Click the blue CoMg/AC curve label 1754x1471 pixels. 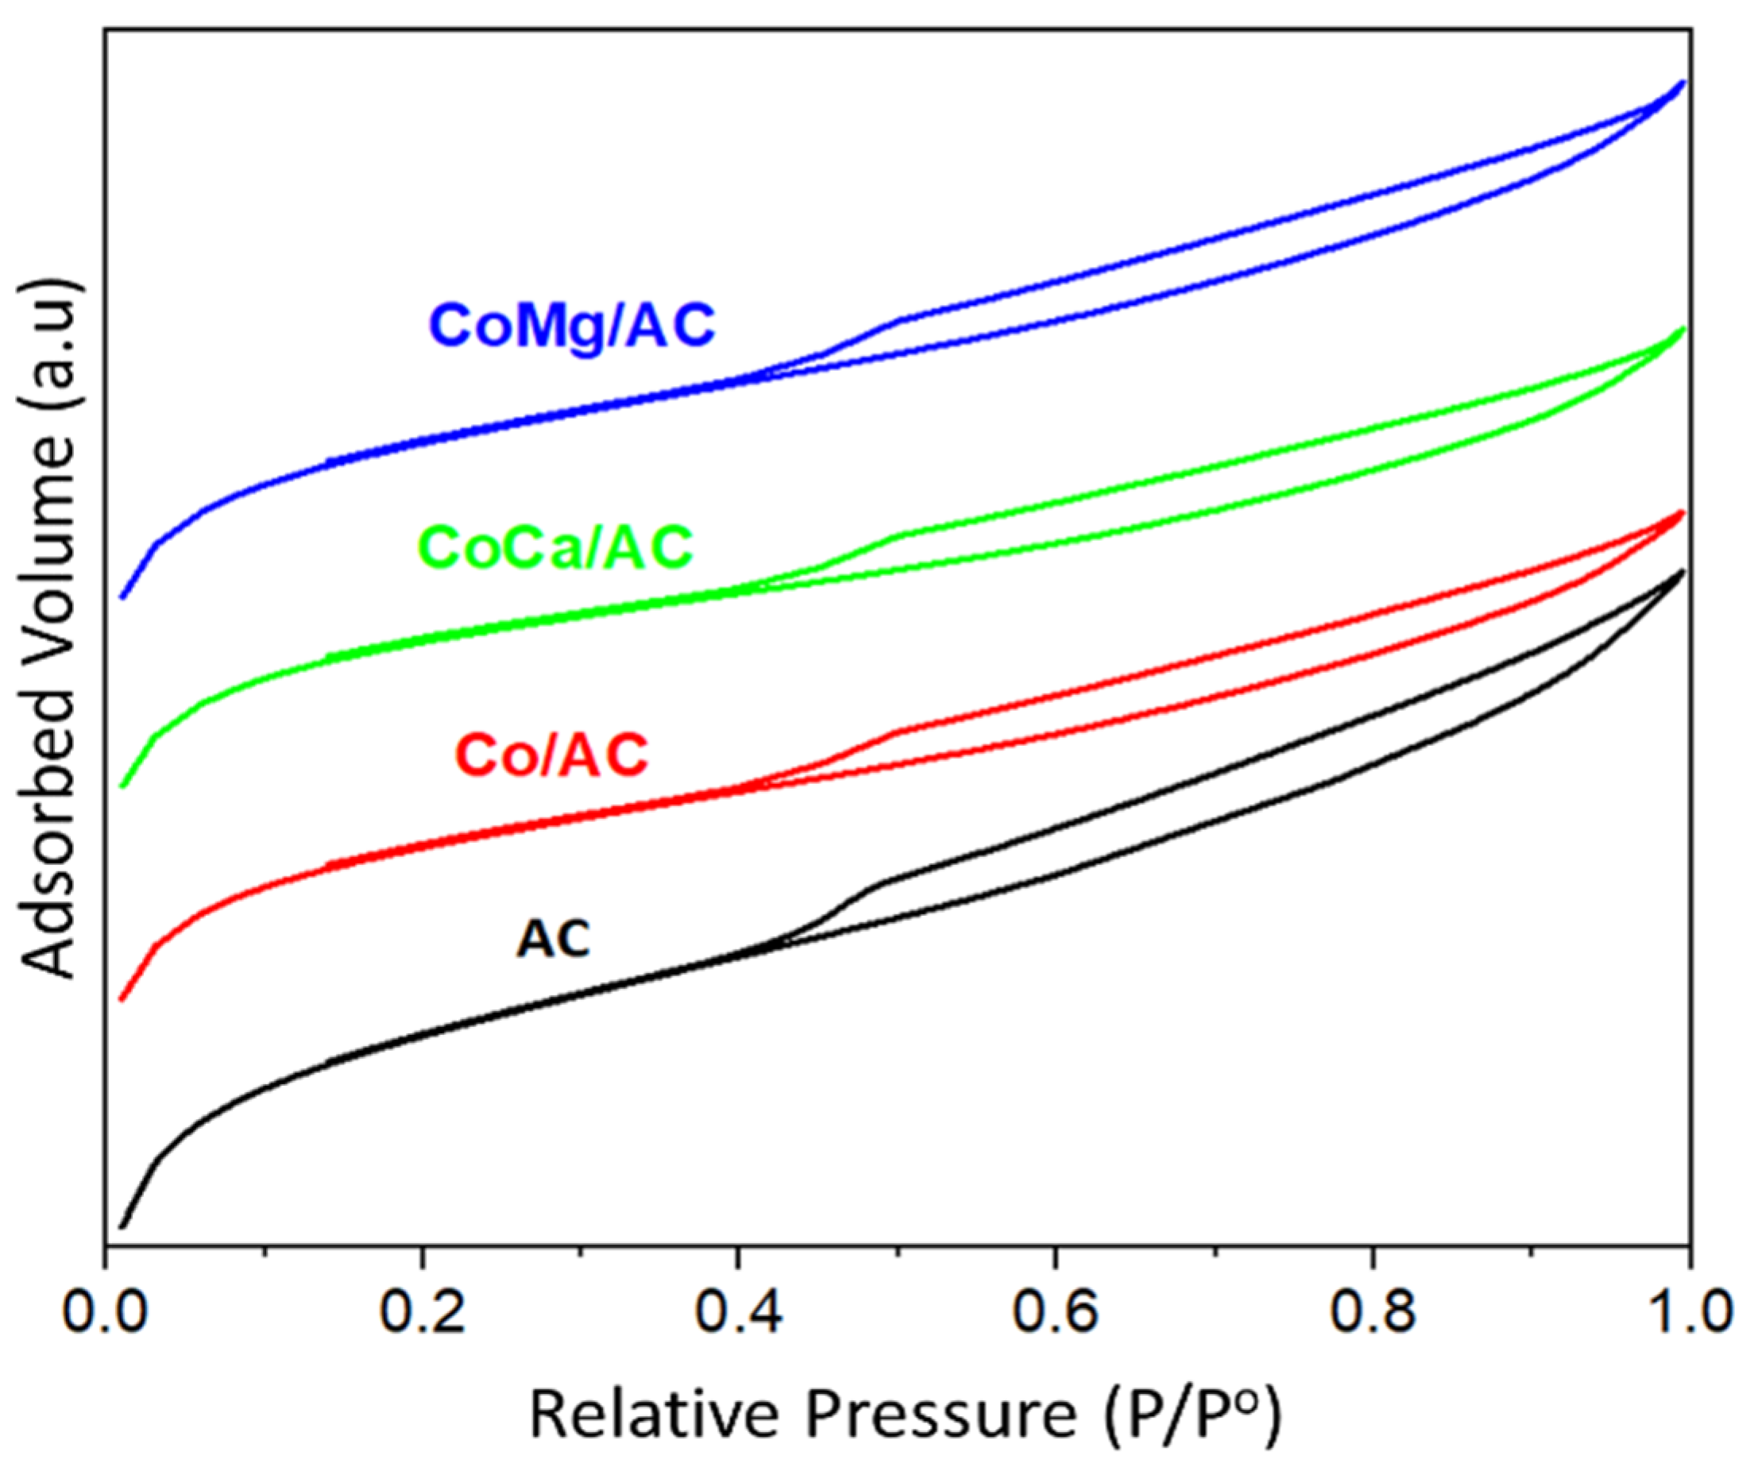(573, 326)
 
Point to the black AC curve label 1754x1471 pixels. (553, 939)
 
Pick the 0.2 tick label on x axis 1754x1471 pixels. (422, 1312)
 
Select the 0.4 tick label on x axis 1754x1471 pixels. (738, 1312)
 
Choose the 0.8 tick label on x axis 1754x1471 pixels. (1372, 1312)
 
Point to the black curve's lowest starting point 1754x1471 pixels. (122, 1227)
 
